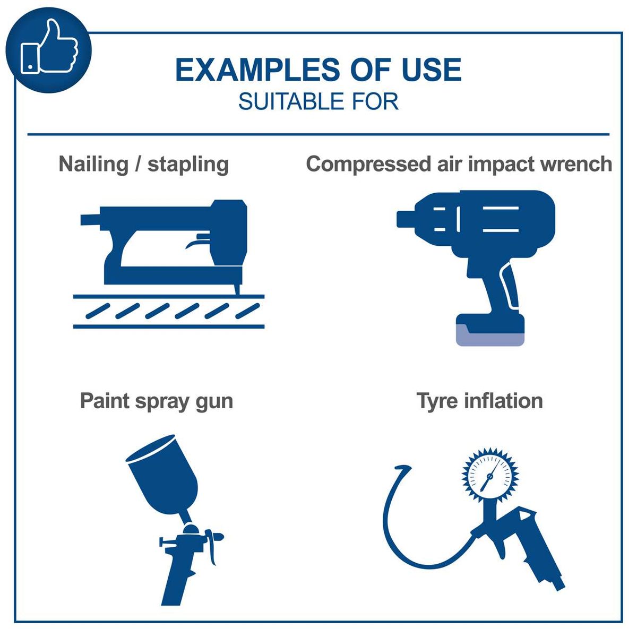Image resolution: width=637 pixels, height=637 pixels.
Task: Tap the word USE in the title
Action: click(431, 71)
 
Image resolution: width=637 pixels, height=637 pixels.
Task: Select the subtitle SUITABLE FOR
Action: click(318, 101)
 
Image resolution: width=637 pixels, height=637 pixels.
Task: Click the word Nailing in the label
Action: click(93, 164)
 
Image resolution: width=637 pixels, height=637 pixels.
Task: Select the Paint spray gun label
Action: click(157, 401)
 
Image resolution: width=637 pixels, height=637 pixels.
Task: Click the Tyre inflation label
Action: click(479, 401)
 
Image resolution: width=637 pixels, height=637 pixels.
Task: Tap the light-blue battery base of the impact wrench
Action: click(490, 336)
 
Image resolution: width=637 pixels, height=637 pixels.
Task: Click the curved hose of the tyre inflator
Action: click(393, 526)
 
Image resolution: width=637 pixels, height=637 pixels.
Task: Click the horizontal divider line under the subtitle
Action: click(318, 134)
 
